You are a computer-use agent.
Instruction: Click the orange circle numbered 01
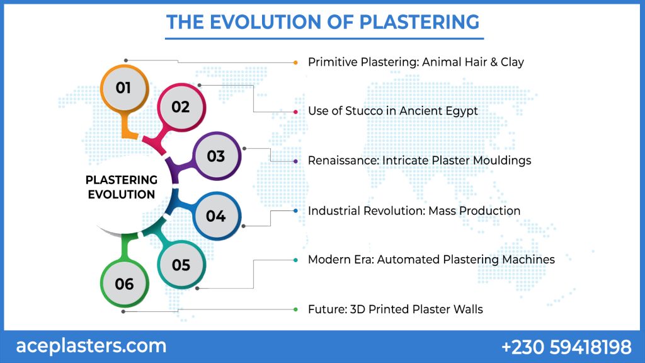[x=124, y=88]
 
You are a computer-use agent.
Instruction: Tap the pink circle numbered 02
[x=181, y=107]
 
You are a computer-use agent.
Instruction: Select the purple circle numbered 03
[x=216, y=156]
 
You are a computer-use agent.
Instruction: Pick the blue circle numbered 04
[x=216, y=216]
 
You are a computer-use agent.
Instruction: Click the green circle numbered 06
[x=125, y=284]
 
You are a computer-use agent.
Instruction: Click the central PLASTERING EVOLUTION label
[x=122, y=187]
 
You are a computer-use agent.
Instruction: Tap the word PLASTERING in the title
[x=419, y=21]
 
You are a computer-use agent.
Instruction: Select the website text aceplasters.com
[x=91, y=345]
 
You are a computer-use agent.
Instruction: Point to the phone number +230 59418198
[x=566, y=347]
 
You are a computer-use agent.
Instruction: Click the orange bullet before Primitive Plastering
[x=296, y=62]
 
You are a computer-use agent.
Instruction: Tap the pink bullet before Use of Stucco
[x=296, y=112]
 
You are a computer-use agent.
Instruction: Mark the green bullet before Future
[x=296, y=309]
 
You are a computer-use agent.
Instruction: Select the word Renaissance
[x=343, y=161]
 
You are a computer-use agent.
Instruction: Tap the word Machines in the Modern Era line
[x=530, y=260]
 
